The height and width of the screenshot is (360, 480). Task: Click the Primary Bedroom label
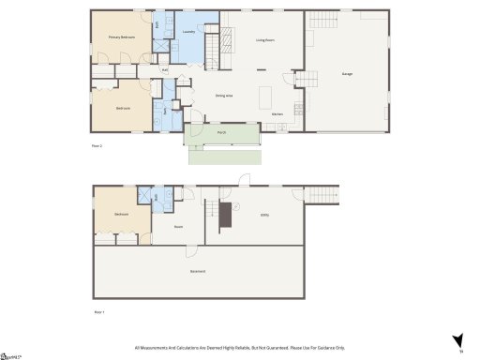tap(121, 37)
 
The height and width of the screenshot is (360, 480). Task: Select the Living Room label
tap(265, 40)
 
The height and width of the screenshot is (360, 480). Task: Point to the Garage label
tap(347, 73)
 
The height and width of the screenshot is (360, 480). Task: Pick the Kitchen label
tap(277, 113)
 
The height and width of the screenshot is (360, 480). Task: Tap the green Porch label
tap(221, 132)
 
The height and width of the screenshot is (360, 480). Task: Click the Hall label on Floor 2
tap(165, 70)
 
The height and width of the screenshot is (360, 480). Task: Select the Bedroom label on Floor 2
tap(123, 108)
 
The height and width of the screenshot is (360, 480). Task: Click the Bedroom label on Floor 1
tap(121, 215)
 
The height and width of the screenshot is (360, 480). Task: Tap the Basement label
tap(198, 272)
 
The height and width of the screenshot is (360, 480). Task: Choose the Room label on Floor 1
tap(178, 226)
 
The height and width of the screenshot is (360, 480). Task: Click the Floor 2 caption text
tap(97, 146)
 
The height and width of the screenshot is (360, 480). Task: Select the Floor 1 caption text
tap(98, 310)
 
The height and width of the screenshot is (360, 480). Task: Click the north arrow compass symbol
tap(458, 340)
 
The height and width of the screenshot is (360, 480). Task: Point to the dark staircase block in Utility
tap(225, 215)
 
